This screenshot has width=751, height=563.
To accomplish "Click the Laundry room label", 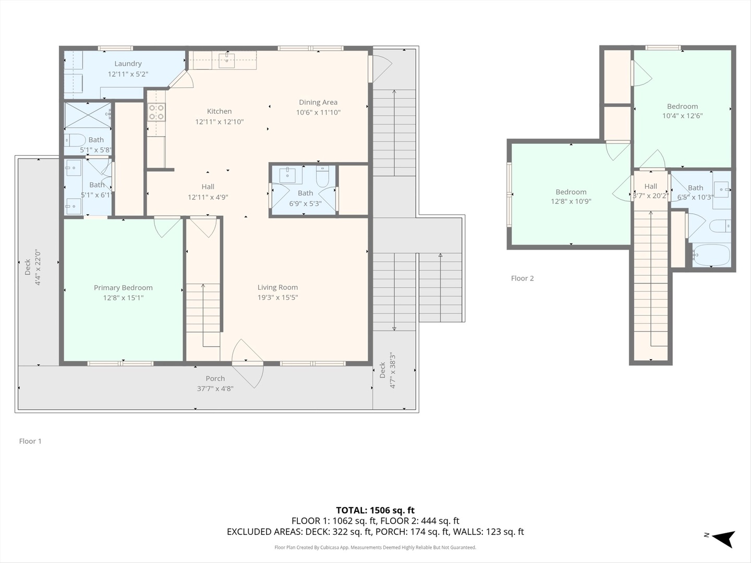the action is (128, 64).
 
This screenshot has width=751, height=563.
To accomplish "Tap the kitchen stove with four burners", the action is (156, 112).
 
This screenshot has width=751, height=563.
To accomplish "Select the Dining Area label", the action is (318, 102).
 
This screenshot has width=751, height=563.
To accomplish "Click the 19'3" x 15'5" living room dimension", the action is (277, 297).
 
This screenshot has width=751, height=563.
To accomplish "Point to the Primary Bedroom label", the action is (123, 288).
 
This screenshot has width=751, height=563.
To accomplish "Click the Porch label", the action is (215, 378).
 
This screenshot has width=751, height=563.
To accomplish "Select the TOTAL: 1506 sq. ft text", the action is (375, 510).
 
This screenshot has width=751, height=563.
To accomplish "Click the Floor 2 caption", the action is (522, 278).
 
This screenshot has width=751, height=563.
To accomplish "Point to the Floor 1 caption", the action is (30, 442).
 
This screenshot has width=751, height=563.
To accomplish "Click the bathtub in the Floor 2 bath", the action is (711, 255).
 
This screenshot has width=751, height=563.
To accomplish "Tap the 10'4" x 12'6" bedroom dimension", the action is (682, 116).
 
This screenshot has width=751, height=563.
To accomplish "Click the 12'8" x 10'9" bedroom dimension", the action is (571, 201).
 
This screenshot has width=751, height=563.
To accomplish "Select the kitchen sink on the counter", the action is (227, 60).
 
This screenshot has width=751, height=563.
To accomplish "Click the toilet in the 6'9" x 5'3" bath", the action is (322, 176).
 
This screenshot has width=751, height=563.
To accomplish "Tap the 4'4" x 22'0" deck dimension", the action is (38, 267).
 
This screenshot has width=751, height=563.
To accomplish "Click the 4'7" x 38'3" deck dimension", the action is (392, 371).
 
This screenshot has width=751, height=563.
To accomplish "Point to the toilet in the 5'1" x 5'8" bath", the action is (75, 140).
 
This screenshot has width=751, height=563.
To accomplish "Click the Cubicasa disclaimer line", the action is (375, 547).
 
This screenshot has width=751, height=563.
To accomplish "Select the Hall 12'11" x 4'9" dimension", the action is (208, 197).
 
